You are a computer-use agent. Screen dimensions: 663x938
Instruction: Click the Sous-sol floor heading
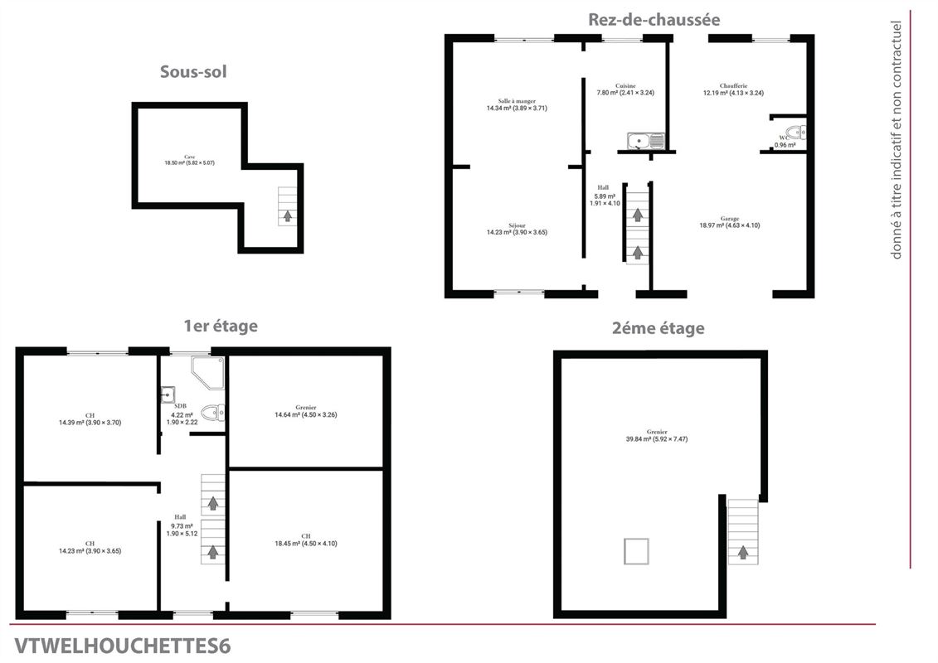[x=193, y=72]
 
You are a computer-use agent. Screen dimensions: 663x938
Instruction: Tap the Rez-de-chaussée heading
[x=654, y=19]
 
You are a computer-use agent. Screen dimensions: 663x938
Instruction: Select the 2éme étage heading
[x=658, y=328]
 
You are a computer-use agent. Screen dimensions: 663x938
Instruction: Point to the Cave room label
[x=190, y=160]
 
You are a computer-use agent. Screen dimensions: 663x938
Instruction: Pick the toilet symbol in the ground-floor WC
[x=795, y=133]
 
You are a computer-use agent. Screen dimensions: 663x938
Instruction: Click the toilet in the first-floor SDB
[x=213, y=412]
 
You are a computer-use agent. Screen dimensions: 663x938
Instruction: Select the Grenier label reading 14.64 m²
[x=306, y=411]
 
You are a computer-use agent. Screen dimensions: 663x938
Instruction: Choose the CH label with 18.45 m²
[x=306, y=540]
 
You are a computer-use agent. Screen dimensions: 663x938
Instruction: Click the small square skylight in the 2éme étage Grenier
[x=636, y=551]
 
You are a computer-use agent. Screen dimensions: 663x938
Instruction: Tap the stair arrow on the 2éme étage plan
[x=742, y=551]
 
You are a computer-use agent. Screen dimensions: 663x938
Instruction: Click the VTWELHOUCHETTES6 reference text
[x=123, y=646]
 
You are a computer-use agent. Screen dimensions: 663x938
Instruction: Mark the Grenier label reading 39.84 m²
[x=658, y=435]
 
